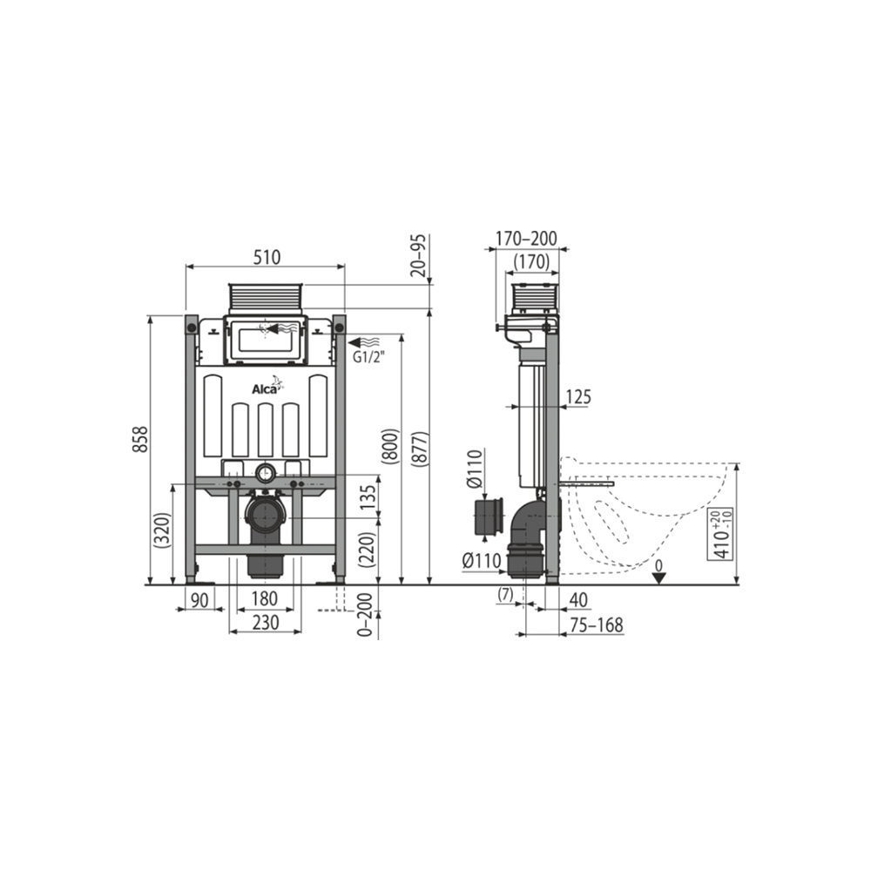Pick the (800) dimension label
pos(389,449)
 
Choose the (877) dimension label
pos(419,449)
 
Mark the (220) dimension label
pos(368,550)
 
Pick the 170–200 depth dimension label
pos(526,239)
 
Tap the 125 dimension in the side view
pos(577,397)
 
